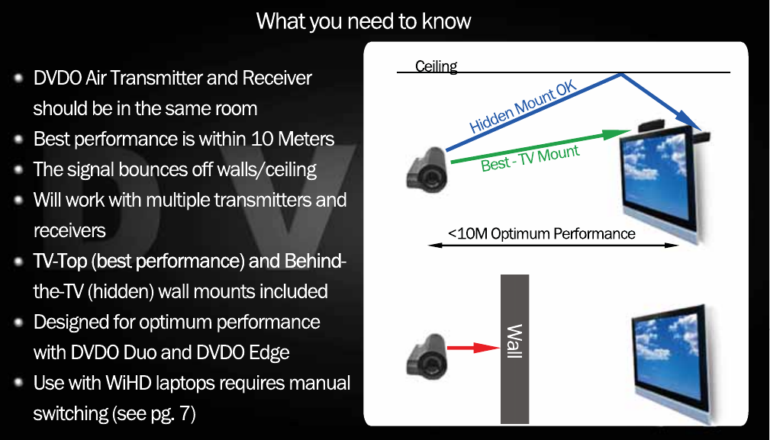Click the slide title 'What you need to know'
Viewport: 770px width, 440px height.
(x=363, y=21)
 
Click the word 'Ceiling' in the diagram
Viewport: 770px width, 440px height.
(x=436, y=66)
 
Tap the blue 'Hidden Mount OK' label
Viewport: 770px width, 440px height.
(x=523, y=108)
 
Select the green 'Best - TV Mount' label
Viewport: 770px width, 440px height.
(x=530, y=157)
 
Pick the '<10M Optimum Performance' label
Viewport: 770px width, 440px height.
(x=541, y=233)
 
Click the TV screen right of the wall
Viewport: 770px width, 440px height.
(x=668, y=355)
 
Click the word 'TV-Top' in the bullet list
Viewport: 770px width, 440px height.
(x=60, y=262)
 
